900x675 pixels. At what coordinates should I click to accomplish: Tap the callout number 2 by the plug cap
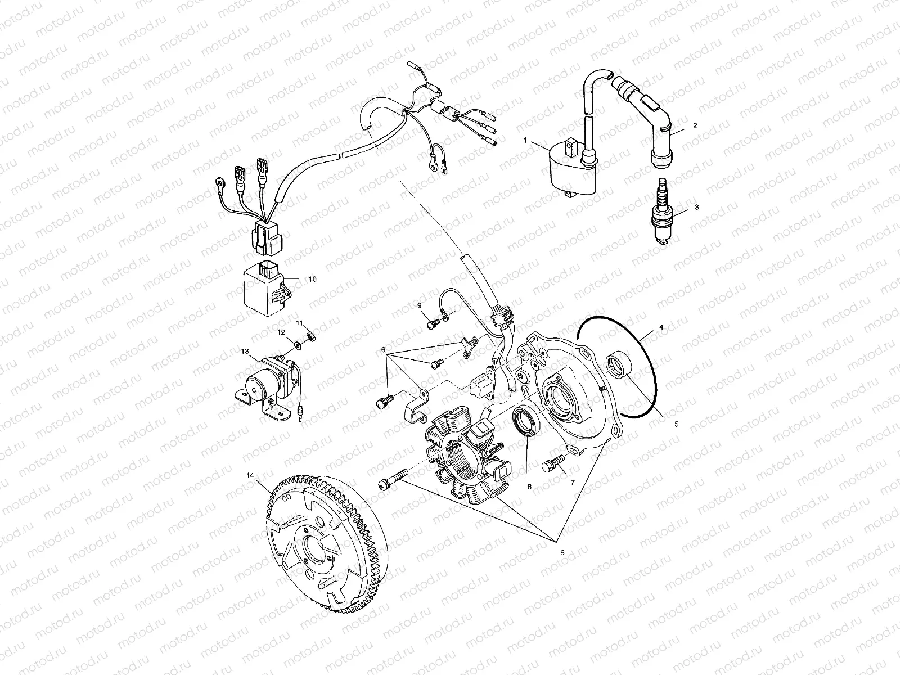coord(695,126)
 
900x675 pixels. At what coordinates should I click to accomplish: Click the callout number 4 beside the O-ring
coord(661,326)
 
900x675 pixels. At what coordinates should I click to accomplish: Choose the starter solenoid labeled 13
coord(263,382)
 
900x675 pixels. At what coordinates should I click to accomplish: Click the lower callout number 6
coord(562,552)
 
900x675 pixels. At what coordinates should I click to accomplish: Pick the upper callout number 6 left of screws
coord(383,349)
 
